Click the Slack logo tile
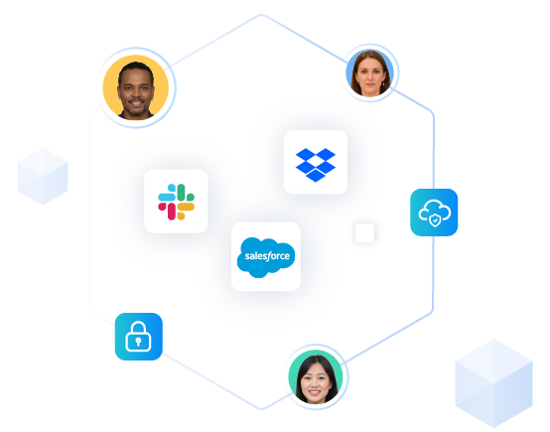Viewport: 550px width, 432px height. (x=176, y=201)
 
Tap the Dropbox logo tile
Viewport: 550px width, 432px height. (x=316, y=162)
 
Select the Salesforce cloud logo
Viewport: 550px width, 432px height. (x=266, y=257)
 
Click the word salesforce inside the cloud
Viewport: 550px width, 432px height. (x=267, y=256)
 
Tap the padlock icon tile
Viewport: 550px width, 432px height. (x=139, y=337)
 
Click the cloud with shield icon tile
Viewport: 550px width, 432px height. (x=434, y=213)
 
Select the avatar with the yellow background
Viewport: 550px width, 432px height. (x=136, y=87)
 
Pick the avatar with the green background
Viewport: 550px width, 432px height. (x=316, y=376)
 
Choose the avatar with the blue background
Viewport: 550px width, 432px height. (x=370, y=72)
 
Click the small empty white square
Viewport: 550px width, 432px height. (x=364, y=232)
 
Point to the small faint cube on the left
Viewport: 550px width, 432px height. (x=43, y=176)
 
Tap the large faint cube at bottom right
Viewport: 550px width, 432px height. (x=493, y=383)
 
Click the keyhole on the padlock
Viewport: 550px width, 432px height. (x=138, y=342)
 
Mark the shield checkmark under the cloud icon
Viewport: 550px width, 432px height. (x=435, y=220)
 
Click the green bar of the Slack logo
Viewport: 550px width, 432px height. (x=181, y=192)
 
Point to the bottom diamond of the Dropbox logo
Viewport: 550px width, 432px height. (x=316, y=176)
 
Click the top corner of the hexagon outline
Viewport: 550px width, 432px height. (x=262, y=15)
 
